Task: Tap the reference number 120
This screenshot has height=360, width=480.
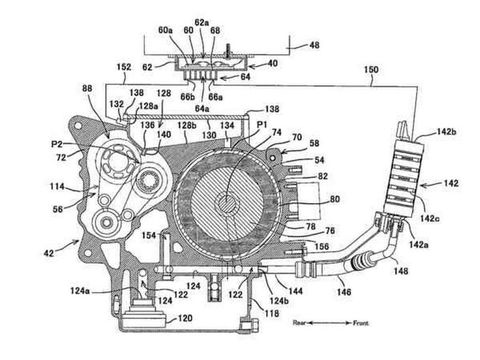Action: point(187,319)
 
